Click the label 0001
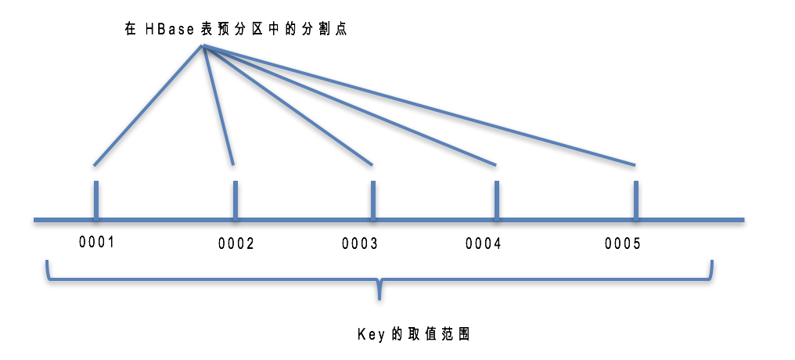[x=97, y=242]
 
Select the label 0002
[x=236, y=243]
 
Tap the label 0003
[x=359, y=243]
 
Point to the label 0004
[x=483, y=243]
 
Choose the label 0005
[x=622, y=243]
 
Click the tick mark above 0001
[x=96, y=200]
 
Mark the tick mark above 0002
[x=236, y=200]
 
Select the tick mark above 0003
[x=372, y=200]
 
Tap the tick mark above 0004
[x=496, y=200]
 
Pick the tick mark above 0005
[x=635, y=200]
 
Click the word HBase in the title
[x=170, y=29]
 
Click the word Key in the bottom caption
[x=369, y=333]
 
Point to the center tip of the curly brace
[x=380, y=296]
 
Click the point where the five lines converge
[x=203, y=46]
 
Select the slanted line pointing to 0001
[x=149, y=106]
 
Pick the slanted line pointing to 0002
[x=218, y=106]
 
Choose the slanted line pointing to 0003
[x=288, y=106]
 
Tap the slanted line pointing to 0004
[x=350, y=106]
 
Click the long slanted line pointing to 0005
[x=419, y=106]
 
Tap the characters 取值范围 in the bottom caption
[x=439, y=333]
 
